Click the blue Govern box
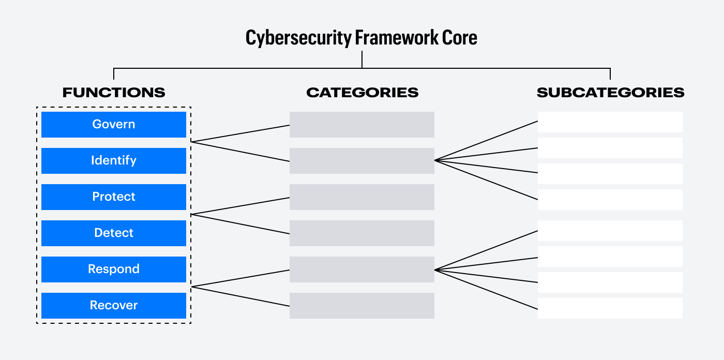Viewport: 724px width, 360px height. click(113, 124)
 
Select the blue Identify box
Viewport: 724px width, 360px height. click(113, 160)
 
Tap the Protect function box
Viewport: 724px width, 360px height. click(113, 197)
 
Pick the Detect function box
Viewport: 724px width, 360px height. click(113, 233)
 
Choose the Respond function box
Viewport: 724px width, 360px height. click(113, 269)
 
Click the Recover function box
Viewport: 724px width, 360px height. click(113, 305)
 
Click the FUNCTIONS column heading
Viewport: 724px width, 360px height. click(114, 93)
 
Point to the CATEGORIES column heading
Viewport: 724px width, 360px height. click(362, 93)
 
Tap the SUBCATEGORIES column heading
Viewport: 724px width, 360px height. click(610, 93)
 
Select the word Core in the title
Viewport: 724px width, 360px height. click(459, 38)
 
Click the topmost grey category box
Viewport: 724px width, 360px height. click(361, 125)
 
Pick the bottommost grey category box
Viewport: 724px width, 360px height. click(361, 306)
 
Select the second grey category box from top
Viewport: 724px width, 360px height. click(361, 161)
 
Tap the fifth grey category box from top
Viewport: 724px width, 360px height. click(361, 269)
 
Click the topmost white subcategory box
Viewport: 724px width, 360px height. click(610, 122)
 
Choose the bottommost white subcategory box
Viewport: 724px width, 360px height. click(610, 308)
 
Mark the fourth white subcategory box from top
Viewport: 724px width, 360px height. click(610, 200)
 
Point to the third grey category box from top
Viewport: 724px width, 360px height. click(361, 197)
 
